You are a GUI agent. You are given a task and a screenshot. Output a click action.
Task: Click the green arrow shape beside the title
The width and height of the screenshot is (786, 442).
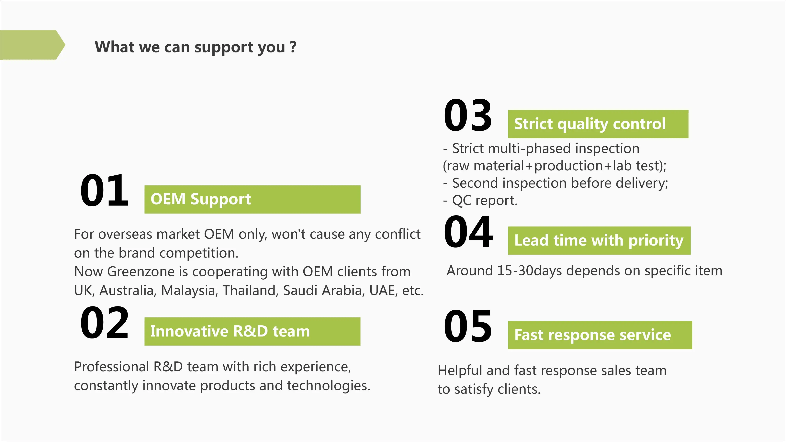point(32,45)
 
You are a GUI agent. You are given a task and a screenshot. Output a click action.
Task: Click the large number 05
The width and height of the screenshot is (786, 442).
point(468,326)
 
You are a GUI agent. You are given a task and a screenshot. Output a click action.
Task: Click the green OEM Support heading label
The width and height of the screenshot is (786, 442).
point(252,199)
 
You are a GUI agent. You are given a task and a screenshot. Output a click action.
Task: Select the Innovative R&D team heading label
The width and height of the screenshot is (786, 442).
point(252,331)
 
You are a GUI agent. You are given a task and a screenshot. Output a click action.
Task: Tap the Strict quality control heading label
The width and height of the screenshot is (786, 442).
point(598,124)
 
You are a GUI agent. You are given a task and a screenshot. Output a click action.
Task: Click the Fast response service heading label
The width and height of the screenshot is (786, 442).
point(600,335)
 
